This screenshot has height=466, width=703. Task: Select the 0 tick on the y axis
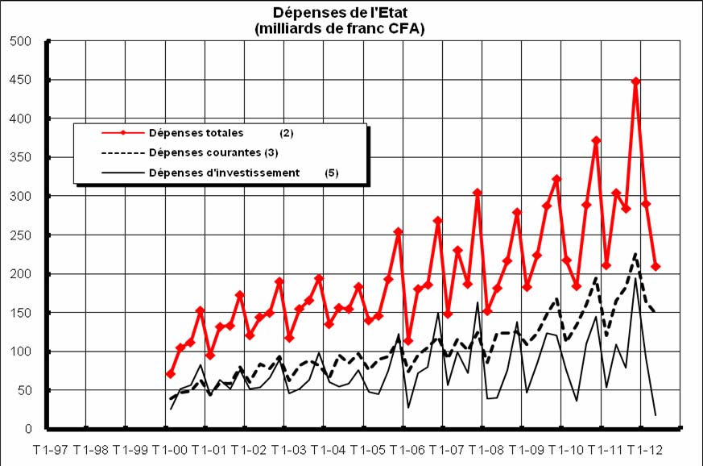[x=27, y=429]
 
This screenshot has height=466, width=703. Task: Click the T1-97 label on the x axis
[x=48, y=447]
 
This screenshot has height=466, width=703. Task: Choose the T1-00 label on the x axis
[x=168, y=447]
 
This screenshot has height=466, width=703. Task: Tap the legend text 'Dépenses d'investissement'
[x=225, y=172]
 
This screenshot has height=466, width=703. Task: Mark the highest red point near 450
[x=636, y=81]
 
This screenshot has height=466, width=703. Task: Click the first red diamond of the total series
[x=171, y=374]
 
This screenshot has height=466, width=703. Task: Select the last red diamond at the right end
[x=656, y=266]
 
